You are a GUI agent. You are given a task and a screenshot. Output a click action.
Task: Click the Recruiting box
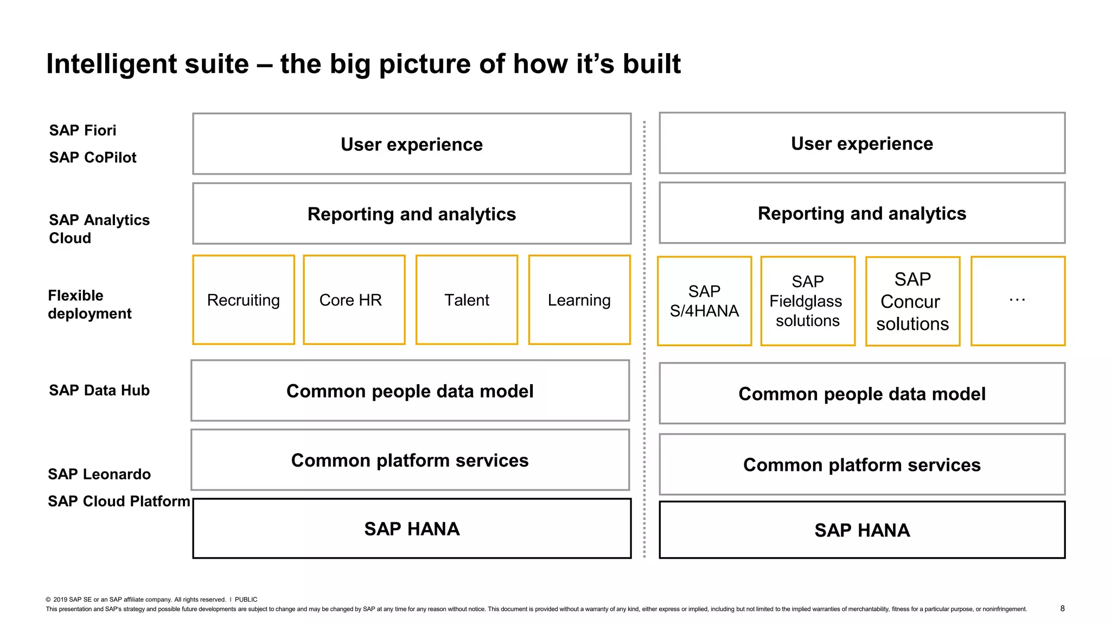pos(244,300)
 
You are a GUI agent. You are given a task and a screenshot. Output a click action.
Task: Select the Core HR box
pos(354,300)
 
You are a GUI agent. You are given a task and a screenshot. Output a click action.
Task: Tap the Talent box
pos(467,300)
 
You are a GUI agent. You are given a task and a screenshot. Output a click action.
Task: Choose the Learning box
pos(579,300)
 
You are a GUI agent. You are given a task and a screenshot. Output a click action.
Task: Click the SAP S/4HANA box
pos(704,301)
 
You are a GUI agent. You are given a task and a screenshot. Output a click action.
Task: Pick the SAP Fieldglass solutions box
pos(808,301)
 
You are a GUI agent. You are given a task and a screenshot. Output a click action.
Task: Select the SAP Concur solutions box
pos(912,301)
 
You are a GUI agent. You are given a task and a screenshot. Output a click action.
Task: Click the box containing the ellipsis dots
pos(1018,301)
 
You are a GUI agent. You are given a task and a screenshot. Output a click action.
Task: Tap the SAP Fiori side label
pos(82,130)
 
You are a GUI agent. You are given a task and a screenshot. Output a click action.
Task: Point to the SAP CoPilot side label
pos(93,157)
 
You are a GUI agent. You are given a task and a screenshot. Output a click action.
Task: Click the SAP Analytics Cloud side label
pos(99,228)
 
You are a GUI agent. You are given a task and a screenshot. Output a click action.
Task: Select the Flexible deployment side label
pos(90,304)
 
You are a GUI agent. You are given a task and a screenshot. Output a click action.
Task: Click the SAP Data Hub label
pos(99,390)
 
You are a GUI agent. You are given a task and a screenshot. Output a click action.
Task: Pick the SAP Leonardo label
pos(99,474)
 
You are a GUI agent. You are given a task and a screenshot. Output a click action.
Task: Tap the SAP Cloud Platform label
pos(119,501)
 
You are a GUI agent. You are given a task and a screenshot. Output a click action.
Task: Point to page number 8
pos(1062,608)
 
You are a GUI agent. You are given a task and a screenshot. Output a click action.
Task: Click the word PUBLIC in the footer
pos(246,600)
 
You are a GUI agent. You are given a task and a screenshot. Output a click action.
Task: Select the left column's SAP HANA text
pos(412,529)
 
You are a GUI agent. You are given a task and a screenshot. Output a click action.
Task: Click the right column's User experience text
pos(861,144)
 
